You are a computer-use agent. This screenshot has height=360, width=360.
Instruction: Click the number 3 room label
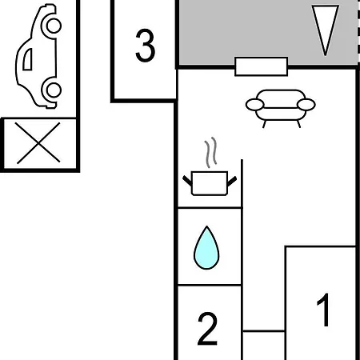coord(146,46)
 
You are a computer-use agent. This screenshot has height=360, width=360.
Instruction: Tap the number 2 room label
coord(207,329)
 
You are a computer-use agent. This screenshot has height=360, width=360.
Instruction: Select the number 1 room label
coord(323,310)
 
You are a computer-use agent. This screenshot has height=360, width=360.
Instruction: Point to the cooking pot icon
coord(210,183)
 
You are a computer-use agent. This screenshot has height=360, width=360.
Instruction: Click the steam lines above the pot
coord(210,152)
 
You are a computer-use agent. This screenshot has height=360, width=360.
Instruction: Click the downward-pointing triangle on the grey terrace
coord(326,30)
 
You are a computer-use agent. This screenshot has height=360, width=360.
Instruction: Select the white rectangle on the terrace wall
coord(262,66)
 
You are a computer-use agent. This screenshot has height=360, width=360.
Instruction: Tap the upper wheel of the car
coord(54,26)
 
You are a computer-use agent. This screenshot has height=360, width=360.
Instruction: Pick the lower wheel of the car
coord(54,90)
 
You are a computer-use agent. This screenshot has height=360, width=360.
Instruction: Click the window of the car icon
coord(28,59)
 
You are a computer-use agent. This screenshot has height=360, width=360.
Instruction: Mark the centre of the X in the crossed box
coord(38,143)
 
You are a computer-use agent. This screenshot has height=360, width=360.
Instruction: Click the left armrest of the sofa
coord(255,105)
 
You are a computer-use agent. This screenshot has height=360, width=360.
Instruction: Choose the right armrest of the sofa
coord(306,105)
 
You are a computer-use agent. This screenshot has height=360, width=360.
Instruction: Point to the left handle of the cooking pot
coord(187,181)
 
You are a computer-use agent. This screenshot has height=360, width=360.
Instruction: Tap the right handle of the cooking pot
coord(232,181)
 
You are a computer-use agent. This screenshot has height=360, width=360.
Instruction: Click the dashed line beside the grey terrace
coord(358,32)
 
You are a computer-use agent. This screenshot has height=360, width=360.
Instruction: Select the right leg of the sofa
coord(298,124)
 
